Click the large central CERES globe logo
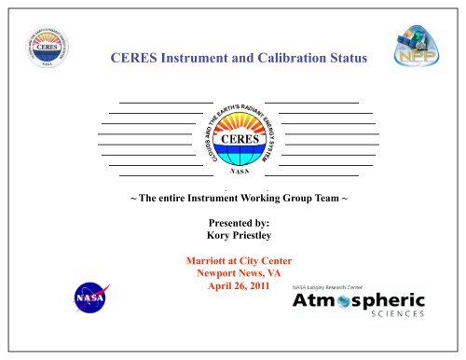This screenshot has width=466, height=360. (239, 134)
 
